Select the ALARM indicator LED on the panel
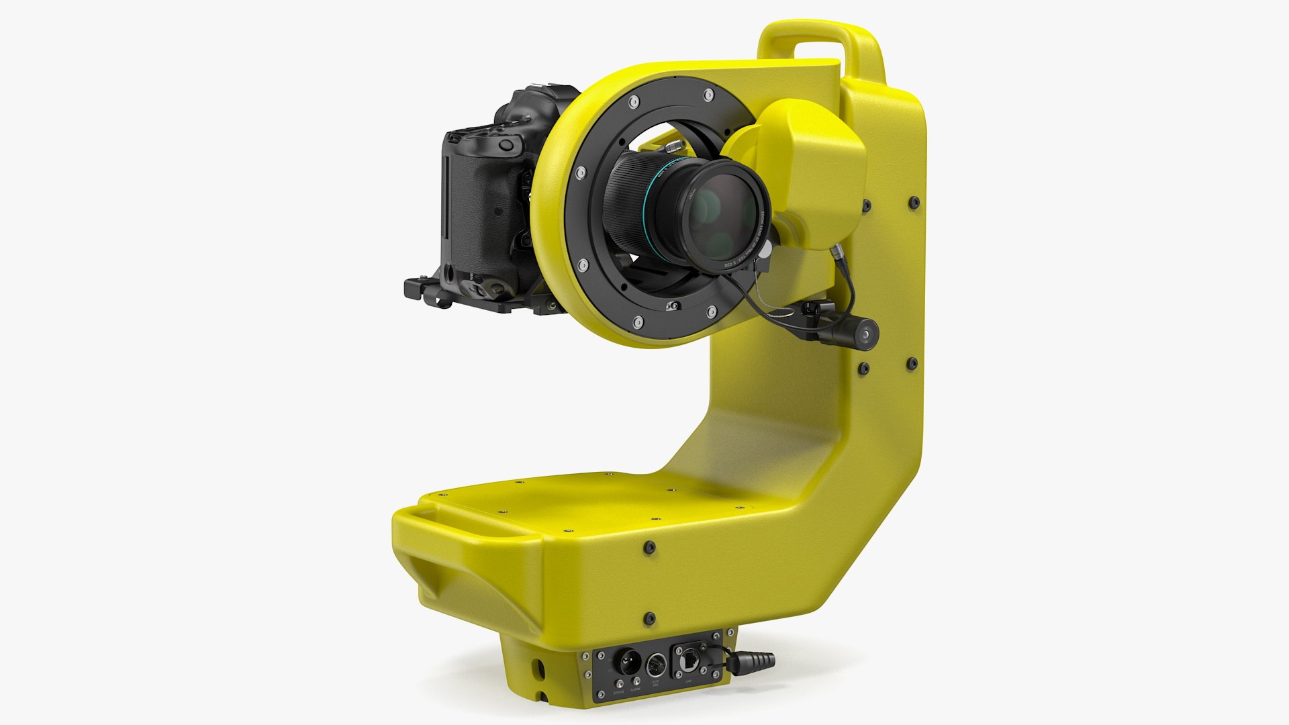click(636, 681)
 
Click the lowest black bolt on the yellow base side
click(649, 618)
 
